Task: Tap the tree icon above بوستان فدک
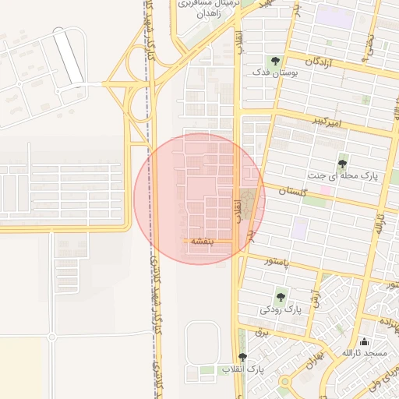(x=274, y=59)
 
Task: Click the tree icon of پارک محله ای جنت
(x=343, y=163)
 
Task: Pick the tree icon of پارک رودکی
(x=281, y=296)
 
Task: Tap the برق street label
(x=262, y=332)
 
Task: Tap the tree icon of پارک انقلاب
(x=242, y=357)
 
